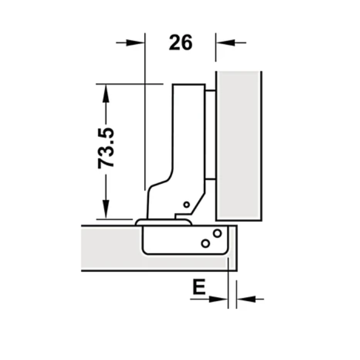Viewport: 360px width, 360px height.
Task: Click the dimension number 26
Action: (x=181, y=43)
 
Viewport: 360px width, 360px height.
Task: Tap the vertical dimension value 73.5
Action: (x=106, y=149)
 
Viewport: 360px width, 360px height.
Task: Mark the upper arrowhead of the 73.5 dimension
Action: (x=106, y=92)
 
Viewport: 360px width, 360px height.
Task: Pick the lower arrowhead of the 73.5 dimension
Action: (x=106, y=211)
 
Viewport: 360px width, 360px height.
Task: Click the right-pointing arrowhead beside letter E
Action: (x=219, y=299)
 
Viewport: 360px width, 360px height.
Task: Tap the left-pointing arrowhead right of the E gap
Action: (x=244, y=299)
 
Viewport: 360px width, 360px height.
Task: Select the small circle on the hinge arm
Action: (x=186, y=204)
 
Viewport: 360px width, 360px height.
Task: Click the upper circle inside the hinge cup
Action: (x=217, y=233)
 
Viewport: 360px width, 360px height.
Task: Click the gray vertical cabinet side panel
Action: (x=239, y=144)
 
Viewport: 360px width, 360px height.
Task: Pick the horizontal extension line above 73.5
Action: (x=129, y=83)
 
